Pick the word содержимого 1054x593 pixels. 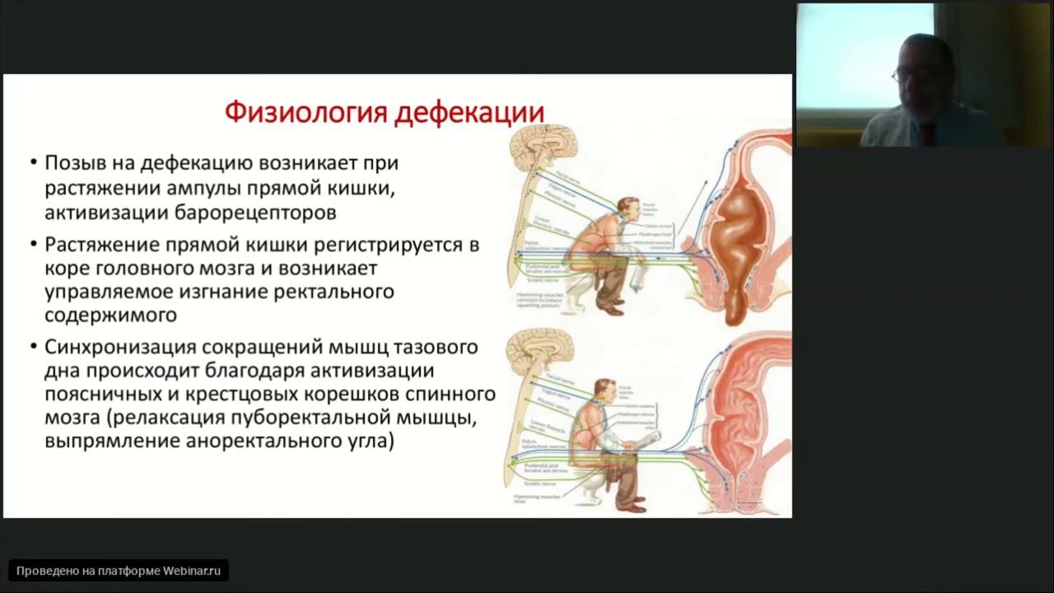(111, 316)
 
